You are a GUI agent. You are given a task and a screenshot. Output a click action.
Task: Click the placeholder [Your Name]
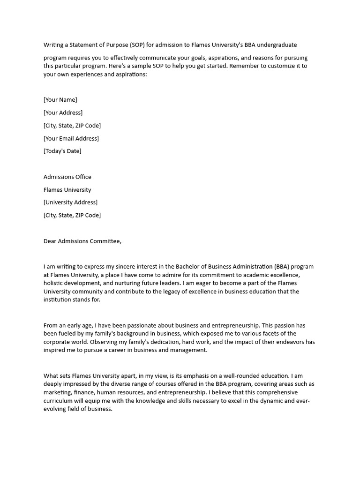(60, 100)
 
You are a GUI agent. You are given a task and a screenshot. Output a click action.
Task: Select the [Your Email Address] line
(71, 138)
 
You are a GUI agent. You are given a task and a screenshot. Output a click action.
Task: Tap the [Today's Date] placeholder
(62, 151)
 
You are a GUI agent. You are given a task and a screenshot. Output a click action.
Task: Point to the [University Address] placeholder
(71, 202)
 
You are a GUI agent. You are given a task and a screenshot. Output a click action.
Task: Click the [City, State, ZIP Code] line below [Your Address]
(72, 126)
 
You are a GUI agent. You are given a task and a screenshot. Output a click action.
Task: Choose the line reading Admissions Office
(67, 177)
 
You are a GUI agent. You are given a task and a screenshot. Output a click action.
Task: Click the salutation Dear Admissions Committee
(82, 241)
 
